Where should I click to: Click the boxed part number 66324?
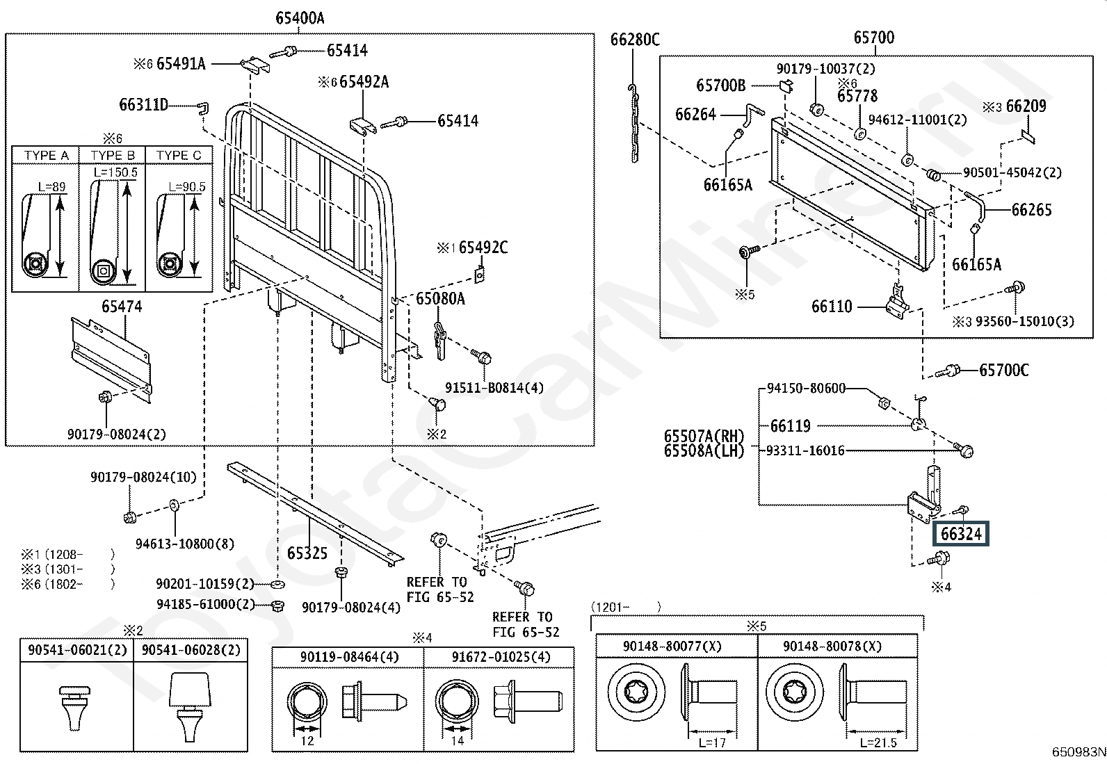pyautogui.click(x=960, y=534)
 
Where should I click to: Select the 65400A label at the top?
pyautogui.click(x=300, y=18)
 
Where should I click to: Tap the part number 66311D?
pyautogui.click(x=144, y=105)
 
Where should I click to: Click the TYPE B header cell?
pyautogui.click(x=113, y=155)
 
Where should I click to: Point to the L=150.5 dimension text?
pyautogui.click(x=115, y=172)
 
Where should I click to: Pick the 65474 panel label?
pyautogui.click(x=122, y=307)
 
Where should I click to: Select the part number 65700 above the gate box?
pyautogui.click(x=874, y=38)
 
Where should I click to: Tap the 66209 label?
pyautogui.click(x=1026, y=106)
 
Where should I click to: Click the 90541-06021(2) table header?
pyautogui.click(x=77, y=650)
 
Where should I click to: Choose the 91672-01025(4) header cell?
pyautogui.click(x=499, y=657)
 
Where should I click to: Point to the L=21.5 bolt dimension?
pyautogui.click(x=878, y=742)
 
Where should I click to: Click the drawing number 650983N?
pyautogui.click(x=1078, y=752)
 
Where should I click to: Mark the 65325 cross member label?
pyautogui.click(x=307, y=553)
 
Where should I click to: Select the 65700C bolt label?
pyautogui.click(x=1003, y=371)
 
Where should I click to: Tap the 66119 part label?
pyautogui.click(x=790, y=425)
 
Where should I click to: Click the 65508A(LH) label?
pyautogui.click(x=704, y=450)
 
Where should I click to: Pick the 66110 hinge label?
pyautogui.click(x=832, y=306)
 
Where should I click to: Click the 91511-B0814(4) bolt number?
pyautogui.click(x=494, y=388)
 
